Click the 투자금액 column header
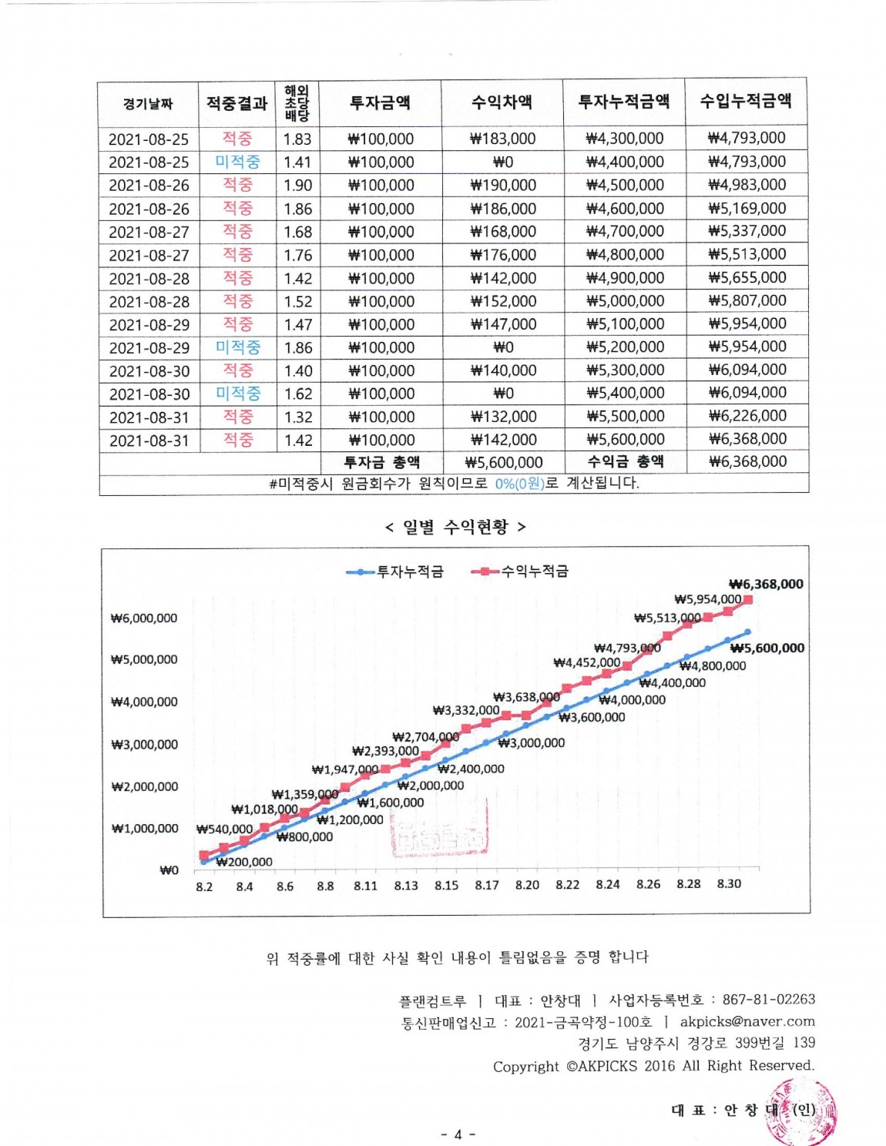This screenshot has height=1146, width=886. [380, 102]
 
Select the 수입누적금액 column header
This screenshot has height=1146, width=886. [746, 101]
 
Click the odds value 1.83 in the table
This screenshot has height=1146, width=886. [297, 139]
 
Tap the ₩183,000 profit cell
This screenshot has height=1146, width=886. [502, 139]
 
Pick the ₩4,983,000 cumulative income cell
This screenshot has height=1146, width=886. [747, 185]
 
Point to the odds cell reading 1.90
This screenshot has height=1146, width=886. [297, 186]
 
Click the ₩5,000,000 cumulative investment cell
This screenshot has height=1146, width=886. [625, 301]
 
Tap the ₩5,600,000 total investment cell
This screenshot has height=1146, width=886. [504, 462]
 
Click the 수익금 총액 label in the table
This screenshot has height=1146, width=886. [625, 461]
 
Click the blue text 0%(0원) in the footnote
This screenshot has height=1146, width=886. [519, 484]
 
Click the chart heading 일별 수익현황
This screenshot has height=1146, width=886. [455, 527]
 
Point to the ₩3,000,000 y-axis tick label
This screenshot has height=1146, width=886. [144, 745]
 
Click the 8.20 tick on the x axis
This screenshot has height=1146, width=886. [527, 885]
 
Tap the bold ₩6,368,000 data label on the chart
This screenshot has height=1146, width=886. [766, 584]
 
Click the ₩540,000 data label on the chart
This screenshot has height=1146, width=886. [224, 829]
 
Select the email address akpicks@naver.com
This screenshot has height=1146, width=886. [747, 1021]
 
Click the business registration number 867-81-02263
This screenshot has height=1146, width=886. [768, 999]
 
